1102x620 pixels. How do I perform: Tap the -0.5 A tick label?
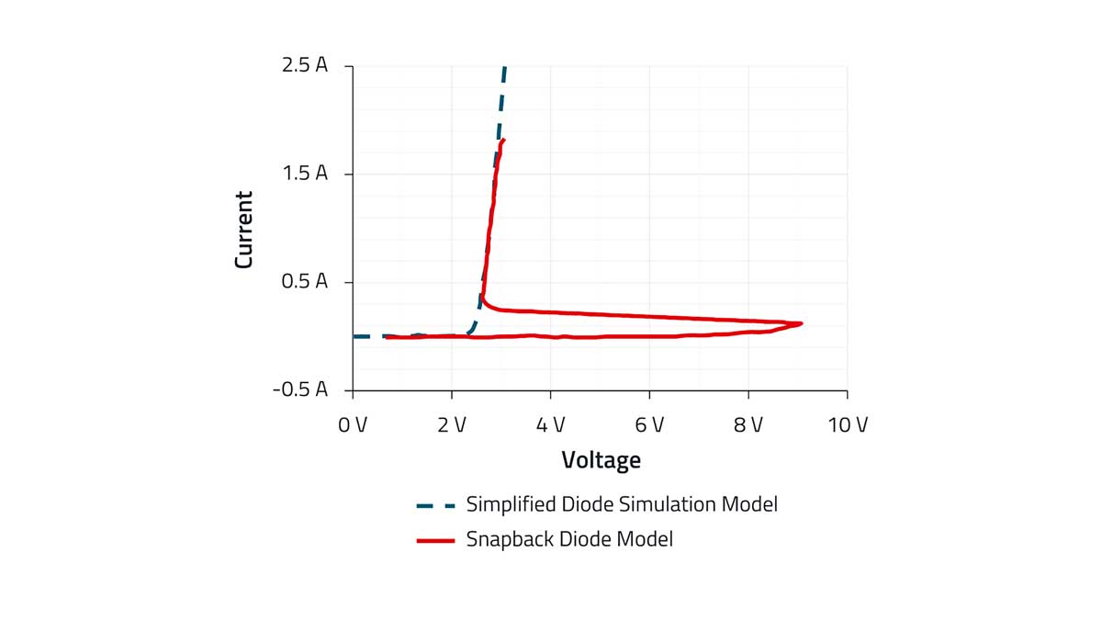(x=299, y=389)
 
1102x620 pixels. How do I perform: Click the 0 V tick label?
(x=353, y=424)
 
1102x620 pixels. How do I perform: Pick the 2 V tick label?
(x=452, y=424)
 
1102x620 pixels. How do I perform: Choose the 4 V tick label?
(x=550, y=424)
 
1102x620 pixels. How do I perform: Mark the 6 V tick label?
(x=649, y=424)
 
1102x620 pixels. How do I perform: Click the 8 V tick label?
(x=748, y=424)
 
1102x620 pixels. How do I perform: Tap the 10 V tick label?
(x=847, y=424)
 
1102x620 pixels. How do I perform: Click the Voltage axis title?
(x=601, y=459)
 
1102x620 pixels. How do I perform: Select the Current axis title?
(x=243, y=230)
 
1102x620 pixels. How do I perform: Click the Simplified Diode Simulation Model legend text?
(x=622, y=504)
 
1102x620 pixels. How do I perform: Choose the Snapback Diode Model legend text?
(x=569, y=539)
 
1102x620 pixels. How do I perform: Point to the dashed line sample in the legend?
(x=435, y=505)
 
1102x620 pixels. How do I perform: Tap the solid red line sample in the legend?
(x=435, y=540)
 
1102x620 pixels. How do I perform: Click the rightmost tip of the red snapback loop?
(x=802, y=323)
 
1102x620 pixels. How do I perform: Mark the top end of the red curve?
(x=503, y=140)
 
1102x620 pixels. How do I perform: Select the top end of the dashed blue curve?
(x=504, y=68)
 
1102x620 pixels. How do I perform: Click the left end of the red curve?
(x=387, y=338)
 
